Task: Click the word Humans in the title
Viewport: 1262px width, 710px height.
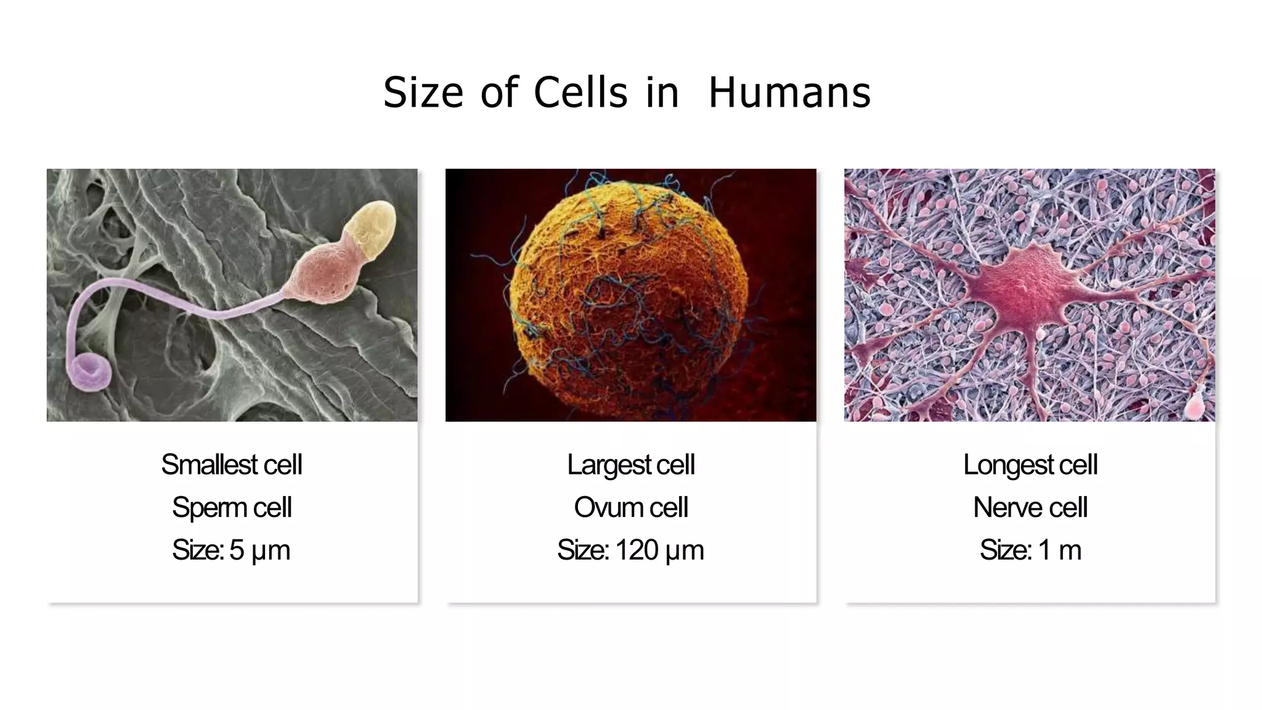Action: point(789,93)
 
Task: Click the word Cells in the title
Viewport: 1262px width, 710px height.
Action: point(580,93)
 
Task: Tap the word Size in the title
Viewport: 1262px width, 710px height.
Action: point(423,93)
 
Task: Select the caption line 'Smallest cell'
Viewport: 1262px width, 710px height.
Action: point(232,465)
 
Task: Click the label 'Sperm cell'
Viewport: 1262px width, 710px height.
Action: point(232,507)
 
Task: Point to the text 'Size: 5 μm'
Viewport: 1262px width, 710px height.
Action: point(231,550)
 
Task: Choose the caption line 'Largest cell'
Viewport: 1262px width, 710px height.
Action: point(630,465)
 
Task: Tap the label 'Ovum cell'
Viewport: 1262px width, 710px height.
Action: point(630,507)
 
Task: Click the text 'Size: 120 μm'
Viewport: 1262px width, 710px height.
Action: point(630,550)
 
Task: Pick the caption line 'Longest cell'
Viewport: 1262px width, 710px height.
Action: point(1030,465)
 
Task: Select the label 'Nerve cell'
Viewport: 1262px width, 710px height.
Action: point(1030,507)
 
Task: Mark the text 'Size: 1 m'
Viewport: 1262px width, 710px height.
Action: point(1030,550)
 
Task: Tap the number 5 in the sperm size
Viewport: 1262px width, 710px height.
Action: point(237,550)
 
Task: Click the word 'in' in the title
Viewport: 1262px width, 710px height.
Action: point(662,93)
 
